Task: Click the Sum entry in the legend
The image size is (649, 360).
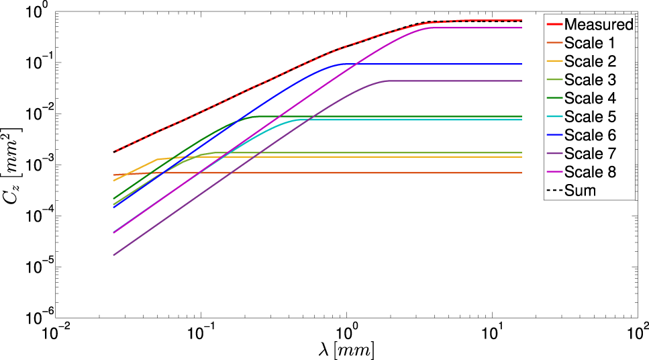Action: point(581,191)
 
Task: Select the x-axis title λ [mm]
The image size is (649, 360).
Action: point(346,350)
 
